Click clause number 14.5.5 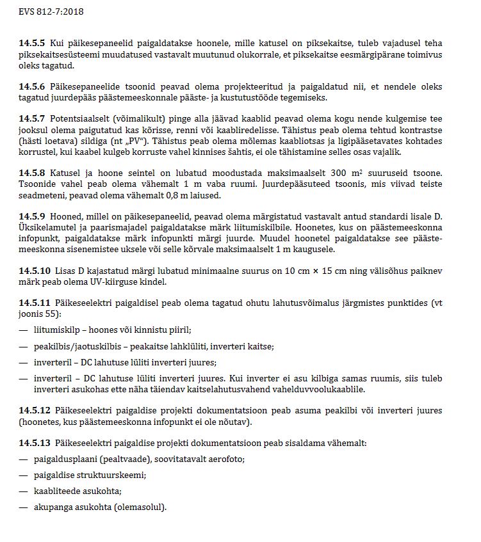click(x=32, y=44)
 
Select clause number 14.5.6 click(x=32, y=86)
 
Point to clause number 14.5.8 click(x=32, y=173)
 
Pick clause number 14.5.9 click(x=32, y=216)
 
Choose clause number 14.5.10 click(x=35, y=270)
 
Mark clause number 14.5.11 click(x=35, y=303)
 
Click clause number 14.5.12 click(x=35, y=410)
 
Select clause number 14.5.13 click(x=35, y=443)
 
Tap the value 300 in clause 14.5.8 click(x=340, y=173)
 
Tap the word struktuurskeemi click(x=118, y=475)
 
